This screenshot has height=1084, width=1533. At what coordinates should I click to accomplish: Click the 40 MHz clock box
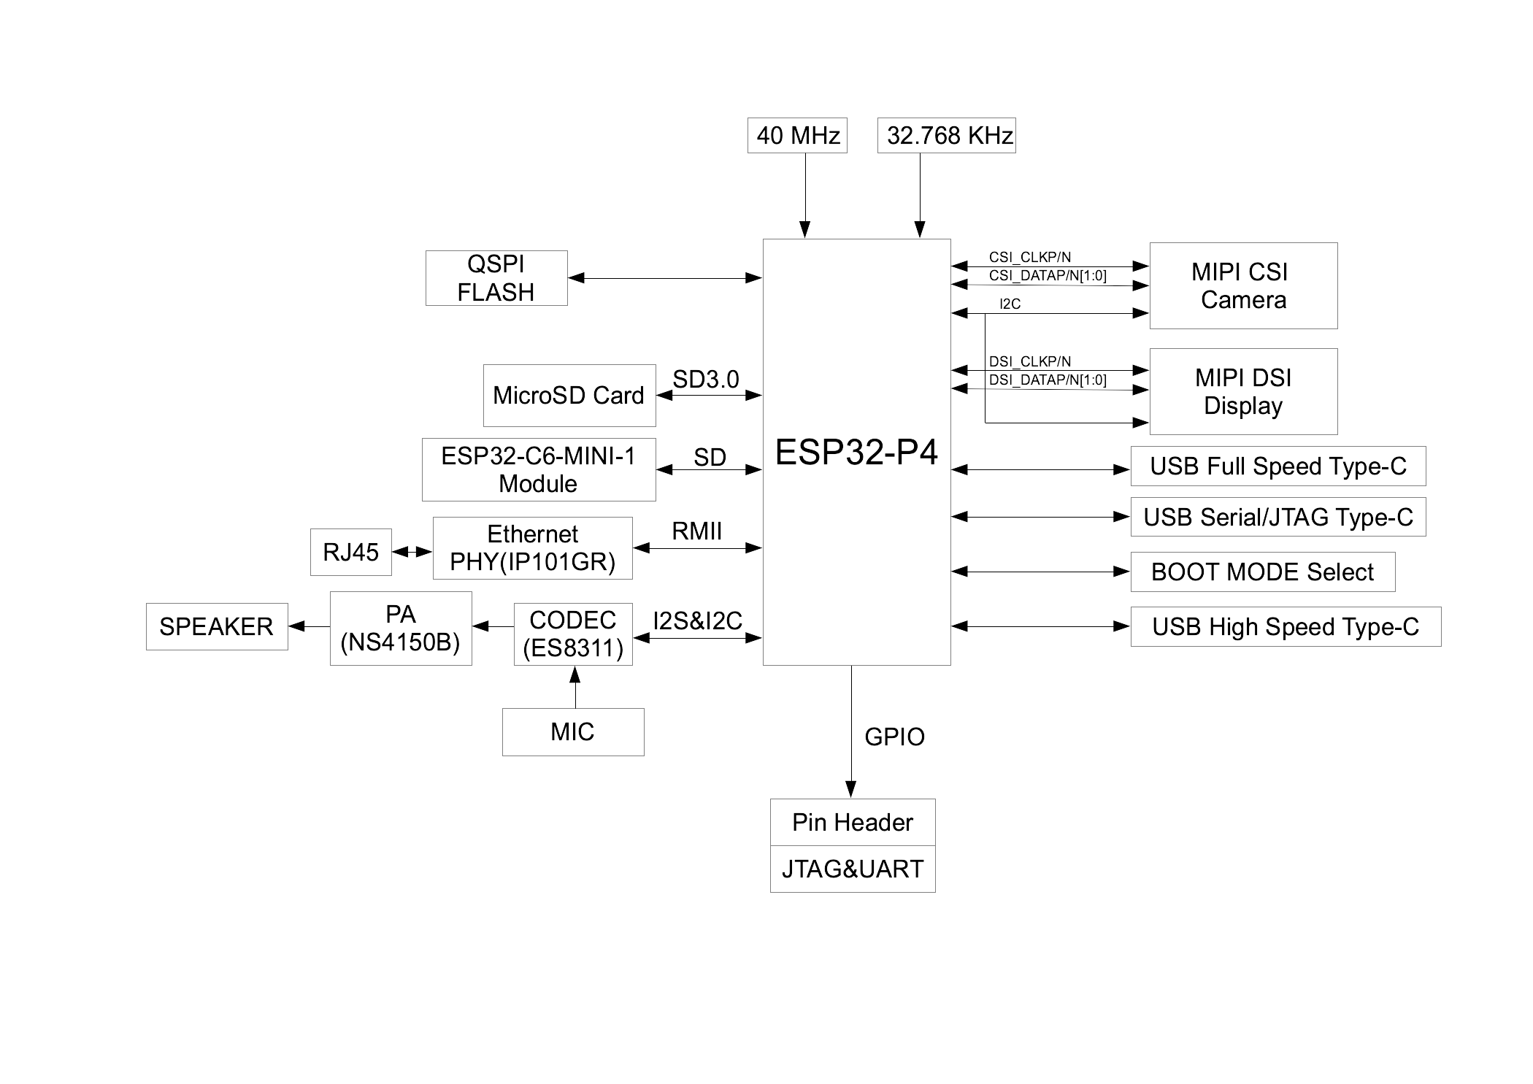[797, 136]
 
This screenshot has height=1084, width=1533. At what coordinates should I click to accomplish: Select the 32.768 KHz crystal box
[946, 136]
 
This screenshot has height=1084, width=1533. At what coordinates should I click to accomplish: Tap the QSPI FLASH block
[496, 278]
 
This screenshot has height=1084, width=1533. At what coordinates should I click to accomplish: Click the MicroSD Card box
[569, 396]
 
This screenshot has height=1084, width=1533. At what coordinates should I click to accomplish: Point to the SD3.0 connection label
[705, 380]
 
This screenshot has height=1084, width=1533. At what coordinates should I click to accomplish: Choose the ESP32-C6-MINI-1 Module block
[539, 469]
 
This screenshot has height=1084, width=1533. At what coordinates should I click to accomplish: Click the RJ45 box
[350, 552]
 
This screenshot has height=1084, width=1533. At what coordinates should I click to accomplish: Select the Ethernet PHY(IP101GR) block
[533, 548]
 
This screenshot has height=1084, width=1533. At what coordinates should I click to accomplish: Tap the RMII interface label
[696, 531]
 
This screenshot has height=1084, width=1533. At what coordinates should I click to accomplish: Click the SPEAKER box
[217, 626]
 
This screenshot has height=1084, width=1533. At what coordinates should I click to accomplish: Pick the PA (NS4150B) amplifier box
[401, 629]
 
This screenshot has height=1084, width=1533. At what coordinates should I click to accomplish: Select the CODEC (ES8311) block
[573, 634]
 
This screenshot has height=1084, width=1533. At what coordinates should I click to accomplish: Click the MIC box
[573, 731]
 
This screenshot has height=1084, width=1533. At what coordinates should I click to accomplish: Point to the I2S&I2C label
[697, 621]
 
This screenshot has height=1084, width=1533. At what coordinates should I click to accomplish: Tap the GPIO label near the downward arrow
[894, 737]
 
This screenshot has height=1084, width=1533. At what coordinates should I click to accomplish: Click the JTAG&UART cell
[853, 869]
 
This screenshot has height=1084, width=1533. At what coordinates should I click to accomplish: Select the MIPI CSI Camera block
[1243, 285]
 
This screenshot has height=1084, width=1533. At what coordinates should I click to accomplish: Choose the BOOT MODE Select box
[1262, 572]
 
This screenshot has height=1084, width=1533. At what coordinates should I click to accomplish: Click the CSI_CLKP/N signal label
[1029, 257]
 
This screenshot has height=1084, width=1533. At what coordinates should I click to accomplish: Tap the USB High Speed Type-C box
[1286, 626]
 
